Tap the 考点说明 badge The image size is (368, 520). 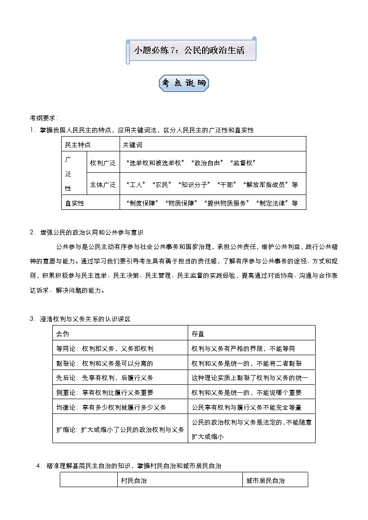click(184, 83)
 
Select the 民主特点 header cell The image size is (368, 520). click(77, 144)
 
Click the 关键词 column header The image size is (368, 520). click(132, 144)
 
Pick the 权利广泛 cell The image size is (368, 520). click(102, 163)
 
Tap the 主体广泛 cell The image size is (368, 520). click(102, 184)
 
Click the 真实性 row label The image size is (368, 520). click(75, 202)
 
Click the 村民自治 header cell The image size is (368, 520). click(133, 480)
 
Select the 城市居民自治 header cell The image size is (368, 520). click(266, 480)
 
